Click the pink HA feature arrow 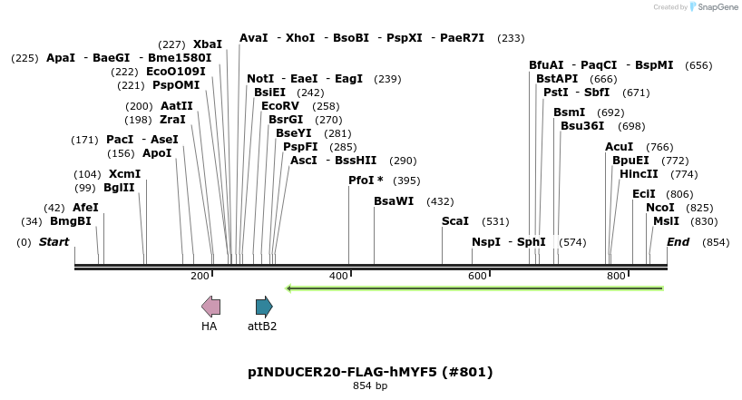coord(210,307)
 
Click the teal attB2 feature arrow coord(264,307)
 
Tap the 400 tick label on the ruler coord(338,276)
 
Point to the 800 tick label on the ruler coord(616,276)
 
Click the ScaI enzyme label coord(455,220)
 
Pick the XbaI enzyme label coord(208,44)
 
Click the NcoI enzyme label coord(660,208)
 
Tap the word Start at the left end coord(54,242)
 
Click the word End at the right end coord(679,242)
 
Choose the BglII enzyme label coord(119,188)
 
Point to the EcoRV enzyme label coord(279,106)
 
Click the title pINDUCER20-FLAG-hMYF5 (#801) coord(370,372)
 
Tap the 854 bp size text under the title coord(370,386)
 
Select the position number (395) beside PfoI coord(406,180)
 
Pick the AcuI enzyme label coord(620,147)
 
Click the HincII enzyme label coord(639,174)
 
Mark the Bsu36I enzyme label coord(582,126)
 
